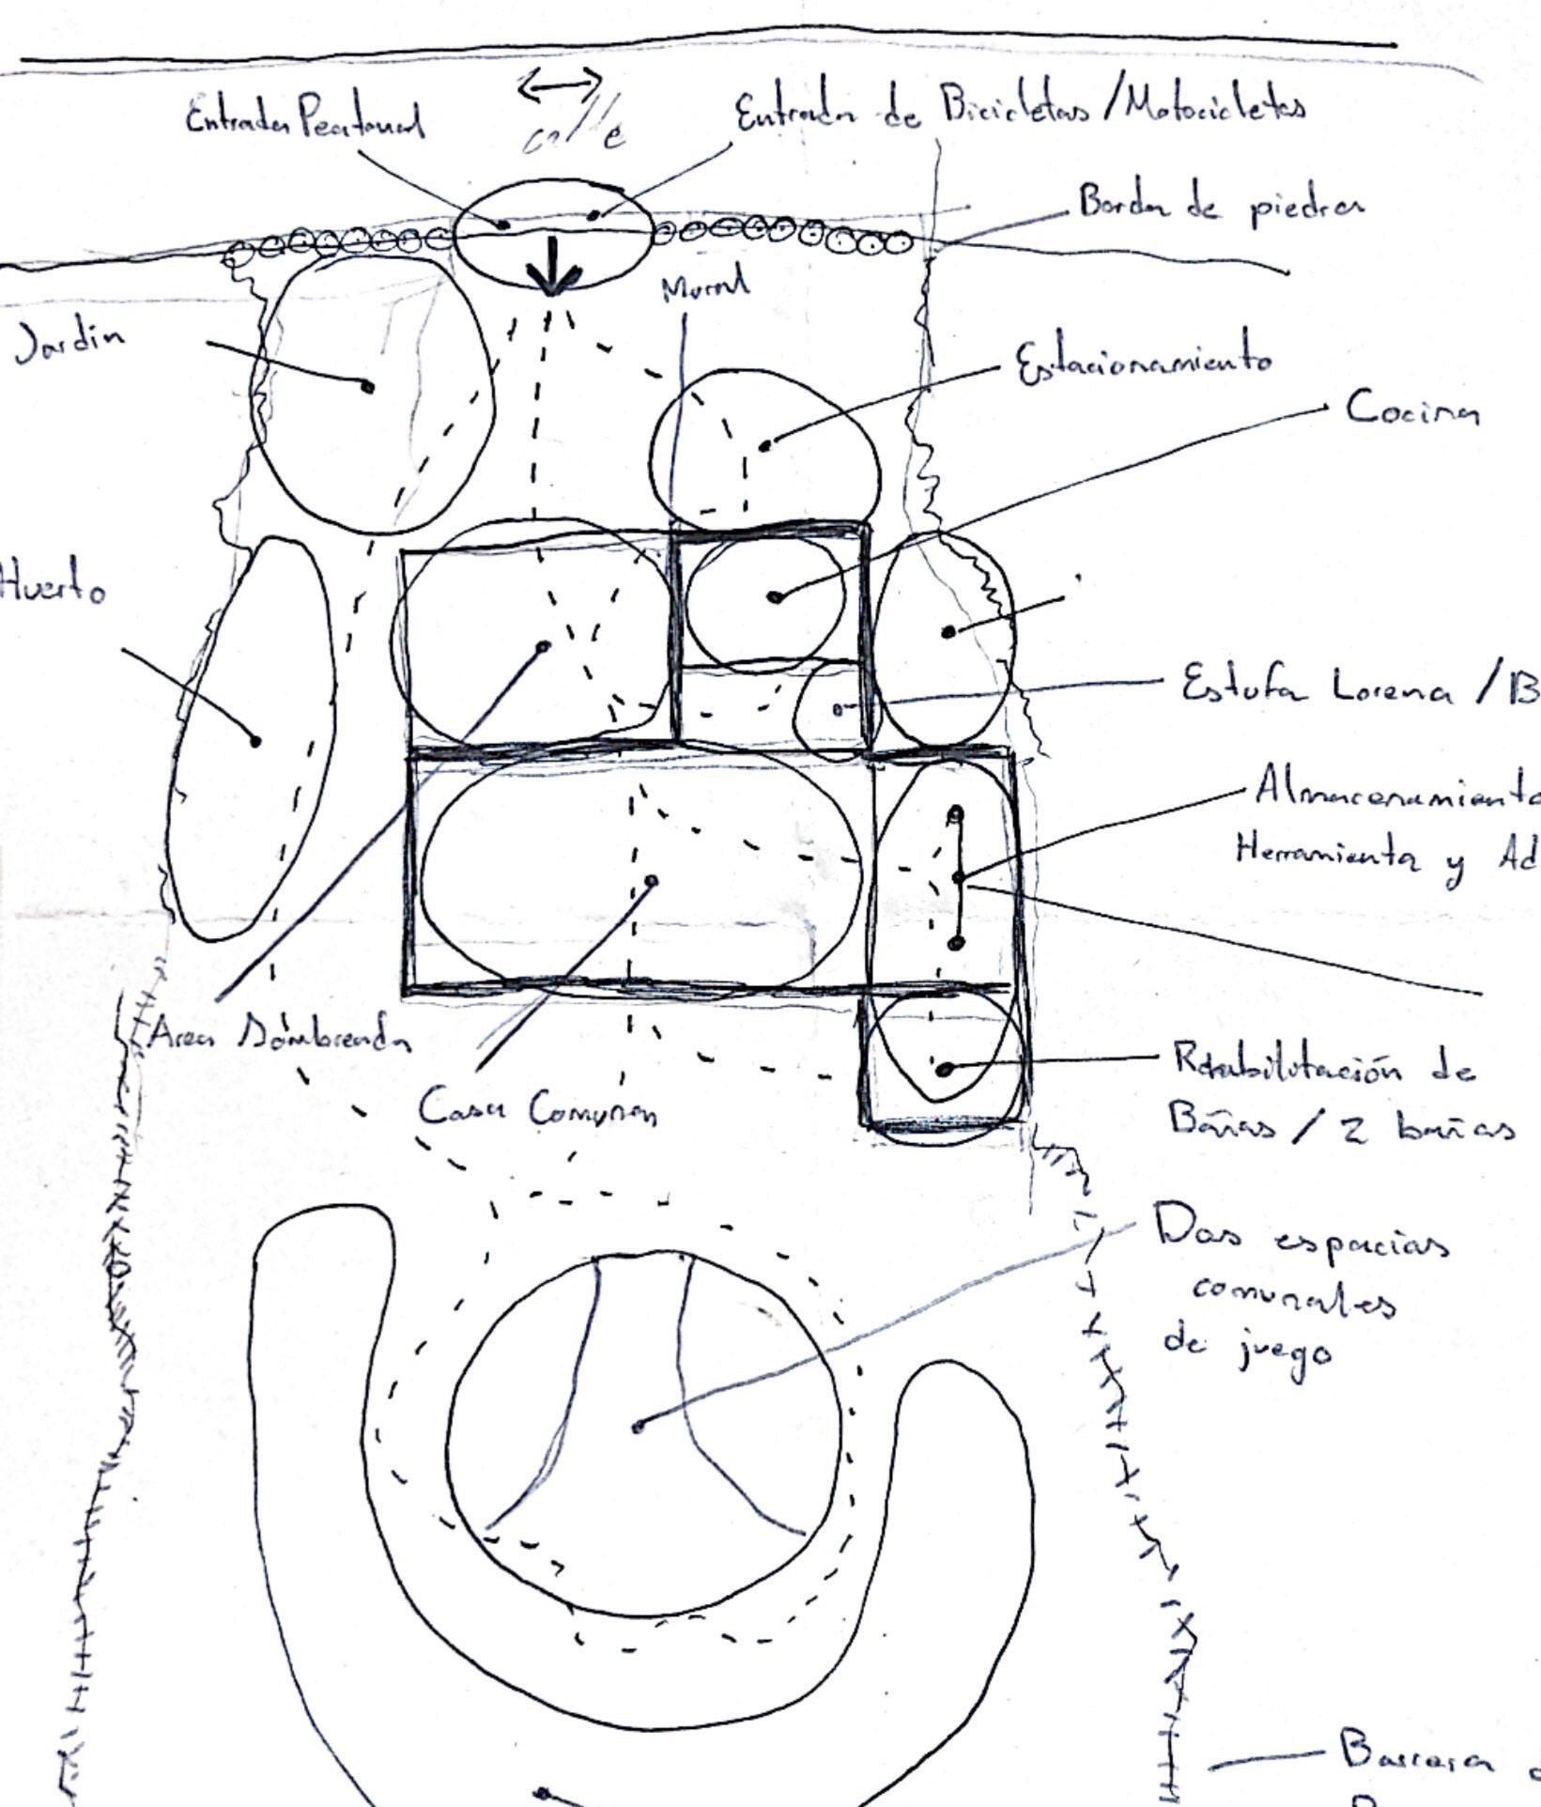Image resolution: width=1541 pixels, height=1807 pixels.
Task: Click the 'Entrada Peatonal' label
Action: pos(305,122)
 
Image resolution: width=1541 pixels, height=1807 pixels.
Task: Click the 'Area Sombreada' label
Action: pos(279,1034)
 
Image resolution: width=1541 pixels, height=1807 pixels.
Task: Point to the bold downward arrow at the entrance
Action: pos(553,267)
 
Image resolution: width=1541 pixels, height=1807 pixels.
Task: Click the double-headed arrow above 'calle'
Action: pos(560,85)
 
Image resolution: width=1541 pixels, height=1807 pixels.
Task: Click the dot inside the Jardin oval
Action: pos(368,386)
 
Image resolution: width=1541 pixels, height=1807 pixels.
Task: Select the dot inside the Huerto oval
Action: pos(255,741)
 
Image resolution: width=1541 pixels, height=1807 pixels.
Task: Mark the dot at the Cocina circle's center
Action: pos(775,596)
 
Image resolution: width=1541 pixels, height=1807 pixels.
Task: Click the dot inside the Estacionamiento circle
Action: pos(765,444)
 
